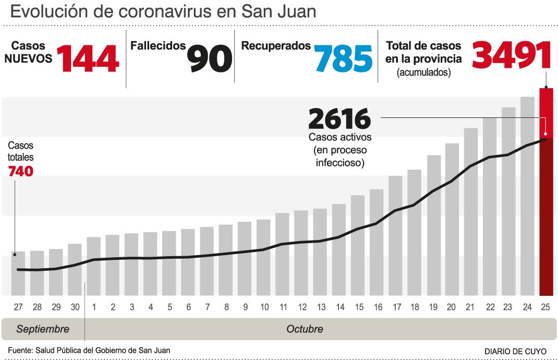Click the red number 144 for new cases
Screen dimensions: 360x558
(x=88, y=58)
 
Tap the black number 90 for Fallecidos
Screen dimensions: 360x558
(x=209, y=58)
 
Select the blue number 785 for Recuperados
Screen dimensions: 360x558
(x=343, y=58)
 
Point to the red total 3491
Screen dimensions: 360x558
(x=512, y=55)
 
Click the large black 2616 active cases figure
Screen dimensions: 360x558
(x=339, y=119)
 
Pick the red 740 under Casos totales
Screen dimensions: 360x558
(x=21, y=171)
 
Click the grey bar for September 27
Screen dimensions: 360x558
(x=18, y=273)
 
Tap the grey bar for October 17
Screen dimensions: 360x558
(x=395, y=235)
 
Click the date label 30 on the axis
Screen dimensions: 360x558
(x=75, y=307)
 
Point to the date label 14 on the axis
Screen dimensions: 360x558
(x=339, y=307)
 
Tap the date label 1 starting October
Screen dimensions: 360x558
(x=94, y=307)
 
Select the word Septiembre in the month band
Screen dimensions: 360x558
(x=43, y=329)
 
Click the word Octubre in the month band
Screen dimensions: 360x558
(x=305, y=329)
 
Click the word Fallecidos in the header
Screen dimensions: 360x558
(x=158, y=46)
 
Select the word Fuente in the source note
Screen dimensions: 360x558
(x=19, y=350)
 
